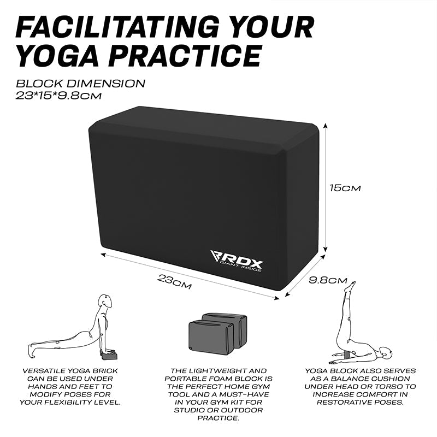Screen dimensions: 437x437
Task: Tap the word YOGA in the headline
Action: click(57, 56)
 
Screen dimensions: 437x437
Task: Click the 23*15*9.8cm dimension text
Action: click(58, 96)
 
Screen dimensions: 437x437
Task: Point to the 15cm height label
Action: click(345, 188)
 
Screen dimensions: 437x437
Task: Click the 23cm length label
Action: click(174, 281)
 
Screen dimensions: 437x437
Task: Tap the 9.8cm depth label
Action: click(328, 280)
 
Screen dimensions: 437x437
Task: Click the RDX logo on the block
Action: click(237, 261)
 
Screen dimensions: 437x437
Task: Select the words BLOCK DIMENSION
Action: click(80, 84)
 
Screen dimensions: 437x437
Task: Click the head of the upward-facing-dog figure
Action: click(105, 301)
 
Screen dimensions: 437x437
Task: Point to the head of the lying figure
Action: click(385, 353)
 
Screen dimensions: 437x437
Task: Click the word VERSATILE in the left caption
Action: click(44, 371)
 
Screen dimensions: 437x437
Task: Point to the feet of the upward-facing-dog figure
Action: click(31, 351)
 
